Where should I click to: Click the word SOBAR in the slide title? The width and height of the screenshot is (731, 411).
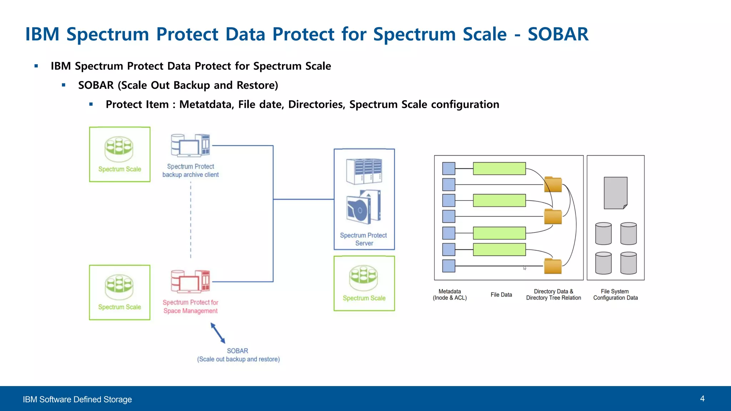(x=558, y=35)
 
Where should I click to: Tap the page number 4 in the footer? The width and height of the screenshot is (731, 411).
(x=702, y=399)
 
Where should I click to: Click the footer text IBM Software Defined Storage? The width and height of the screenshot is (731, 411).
(x=77, y=399)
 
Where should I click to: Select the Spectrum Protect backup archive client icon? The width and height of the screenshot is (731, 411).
(x=190, y=145)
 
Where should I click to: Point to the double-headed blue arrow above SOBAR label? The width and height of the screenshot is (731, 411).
(x=218, y=333)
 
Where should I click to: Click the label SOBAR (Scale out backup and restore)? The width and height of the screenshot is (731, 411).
(x=238, y=355)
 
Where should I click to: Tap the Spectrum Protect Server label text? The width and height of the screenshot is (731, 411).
(x=363, y=239)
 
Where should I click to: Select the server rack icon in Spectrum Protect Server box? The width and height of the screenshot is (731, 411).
(x=364, y=171)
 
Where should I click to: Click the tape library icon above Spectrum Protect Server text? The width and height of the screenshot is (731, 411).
(x=364, y=207)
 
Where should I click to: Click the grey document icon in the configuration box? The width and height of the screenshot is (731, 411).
(x=615, y=193)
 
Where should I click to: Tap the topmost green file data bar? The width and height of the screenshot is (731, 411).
(x=499, y=168)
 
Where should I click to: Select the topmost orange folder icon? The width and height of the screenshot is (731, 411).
(x=553, y=184)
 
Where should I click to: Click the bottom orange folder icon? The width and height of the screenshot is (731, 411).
(x=553, y=266)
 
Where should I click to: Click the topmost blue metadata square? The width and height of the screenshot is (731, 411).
(x=449, y=168)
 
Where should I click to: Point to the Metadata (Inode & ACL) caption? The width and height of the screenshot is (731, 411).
(x=449, y=295)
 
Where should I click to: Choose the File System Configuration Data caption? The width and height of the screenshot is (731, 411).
(x=615, y=295)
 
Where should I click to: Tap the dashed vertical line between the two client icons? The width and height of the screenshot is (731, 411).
(x=191, y=219)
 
